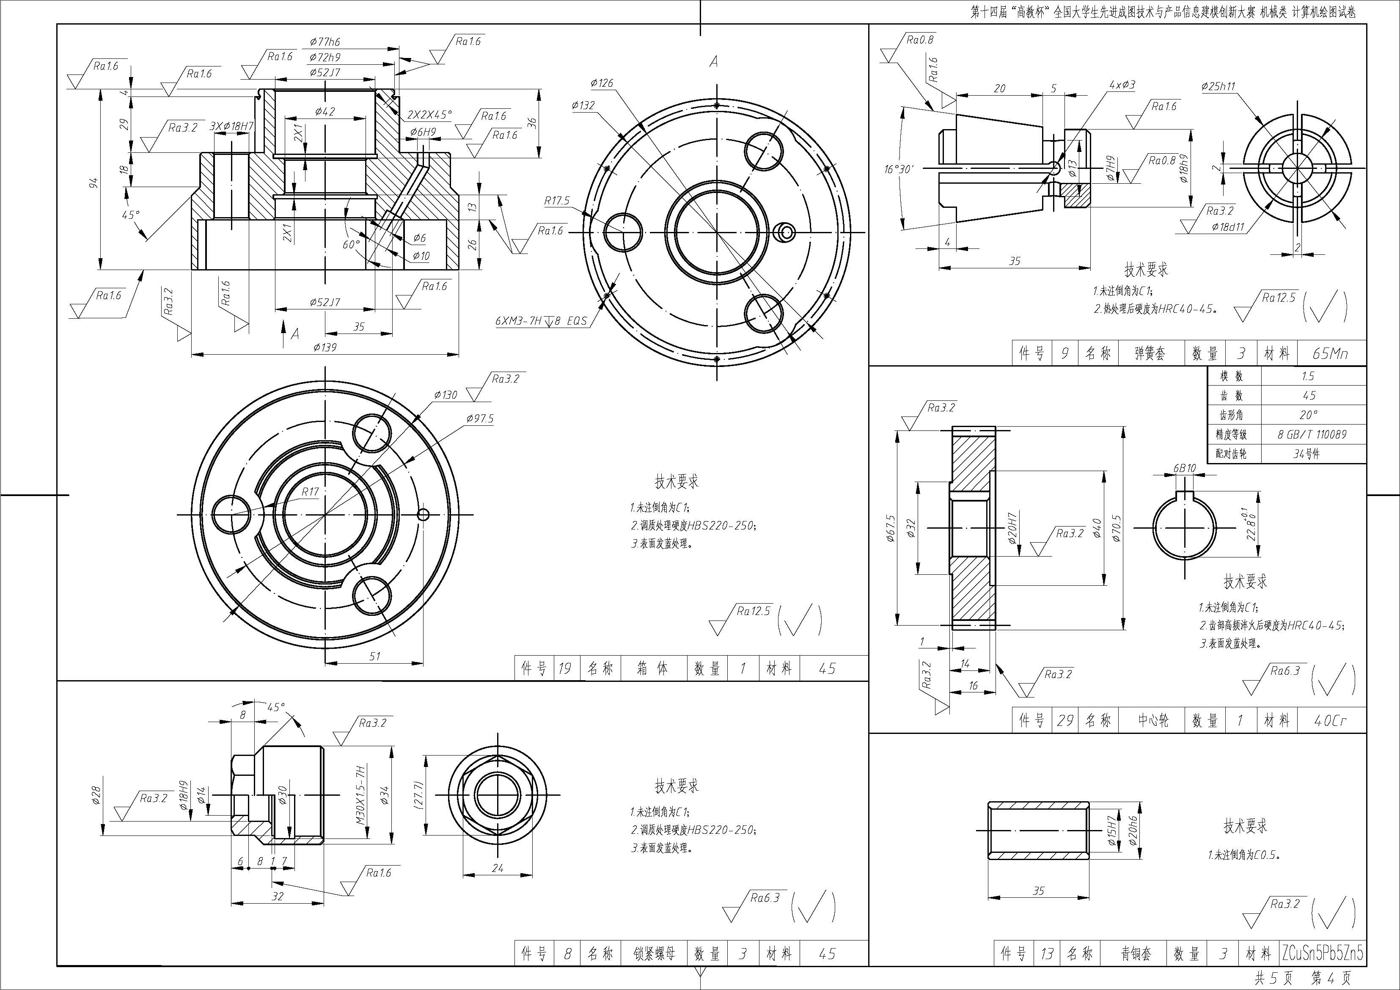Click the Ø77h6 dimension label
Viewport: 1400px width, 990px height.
coord(325,42)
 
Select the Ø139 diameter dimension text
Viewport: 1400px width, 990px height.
coord(325,347)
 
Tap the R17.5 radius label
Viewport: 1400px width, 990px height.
coord(557,201)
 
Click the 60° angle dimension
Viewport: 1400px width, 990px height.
coord(351,244)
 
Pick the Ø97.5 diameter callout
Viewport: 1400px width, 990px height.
coord(480,419)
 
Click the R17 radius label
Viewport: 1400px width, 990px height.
coord(310,492)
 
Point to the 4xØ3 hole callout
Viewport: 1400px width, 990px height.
coord(1122,85)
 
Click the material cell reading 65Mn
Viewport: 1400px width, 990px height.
coord(1331,353)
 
